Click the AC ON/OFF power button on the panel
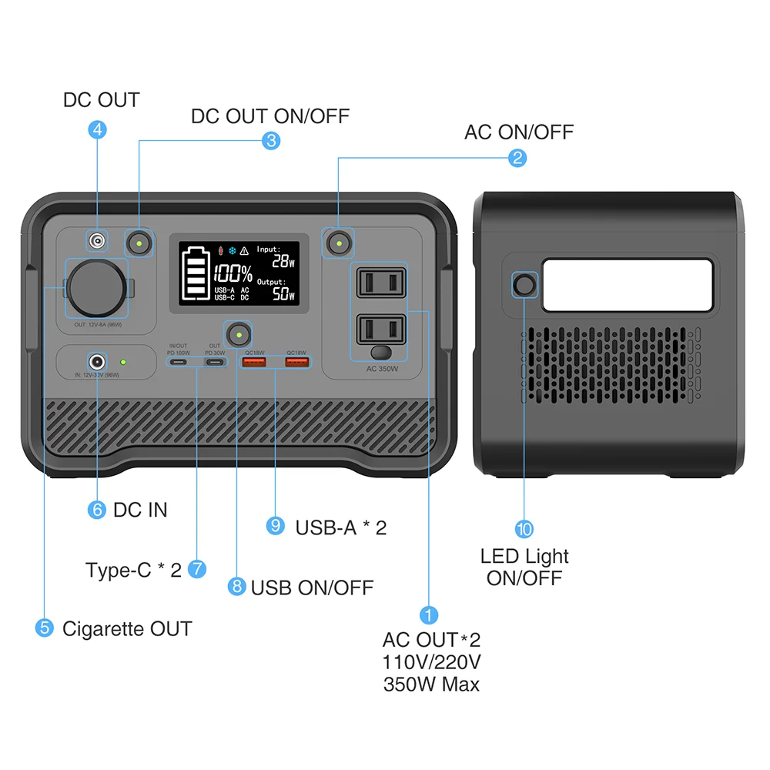coord(338,243)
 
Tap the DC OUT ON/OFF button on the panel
coord(139,243)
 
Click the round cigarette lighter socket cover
coord(95,287)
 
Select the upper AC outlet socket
coord(381,283)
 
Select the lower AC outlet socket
coord(381,330)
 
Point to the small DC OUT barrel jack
coord(97,242)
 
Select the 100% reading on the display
coord(233,273)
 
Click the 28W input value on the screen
coord(281,261)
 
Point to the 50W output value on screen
coord(281,294)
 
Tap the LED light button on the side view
coord(525,285)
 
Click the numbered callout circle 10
coord(524,529)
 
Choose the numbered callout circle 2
coord(517,158)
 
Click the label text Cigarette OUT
coord(127,628)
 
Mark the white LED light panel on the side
coord(628,285)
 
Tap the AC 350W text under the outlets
coord(382,369)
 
